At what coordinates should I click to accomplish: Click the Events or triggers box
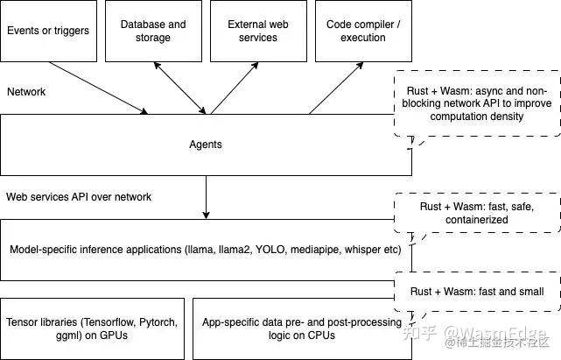[49, 31]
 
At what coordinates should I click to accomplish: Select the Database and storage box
[153, 31]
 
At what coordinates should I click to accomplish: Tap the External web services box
[258, 31]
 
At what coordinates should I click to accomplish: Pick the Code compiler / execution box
[363, 31]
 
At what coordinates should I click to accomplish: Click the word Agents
[206, 145]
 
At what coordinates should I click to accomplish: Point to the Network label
[26, 92]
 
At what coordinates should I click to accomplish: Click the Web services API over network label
[79, 197]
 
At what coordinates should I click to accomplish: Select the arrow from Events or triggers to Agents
[98, 88]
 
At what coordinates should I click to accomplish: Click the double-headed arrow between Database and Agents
[180, 88]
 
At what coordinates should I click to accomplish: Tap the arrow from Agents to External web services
[235, 88]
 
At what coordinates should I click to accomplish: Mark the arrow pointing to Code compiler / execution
[336, 88]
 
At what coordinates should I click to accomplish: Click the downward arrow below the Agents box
[206, 197]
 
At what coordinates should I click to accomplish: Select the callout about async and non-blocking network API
[477, 103]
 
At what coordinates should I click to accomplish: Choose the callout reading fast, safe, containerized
[477, 213]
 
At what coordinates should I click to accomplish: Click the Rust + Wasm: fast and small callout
[477, 291]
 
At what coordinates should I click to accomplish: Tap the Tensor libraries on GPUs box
[92, 328]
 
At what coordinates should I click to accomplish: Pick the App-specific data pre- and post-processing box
[302, 328]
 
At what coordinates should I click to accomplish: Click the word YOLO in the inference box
[270, 250]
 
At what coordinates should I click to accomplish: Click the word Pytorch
[158, 322]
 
